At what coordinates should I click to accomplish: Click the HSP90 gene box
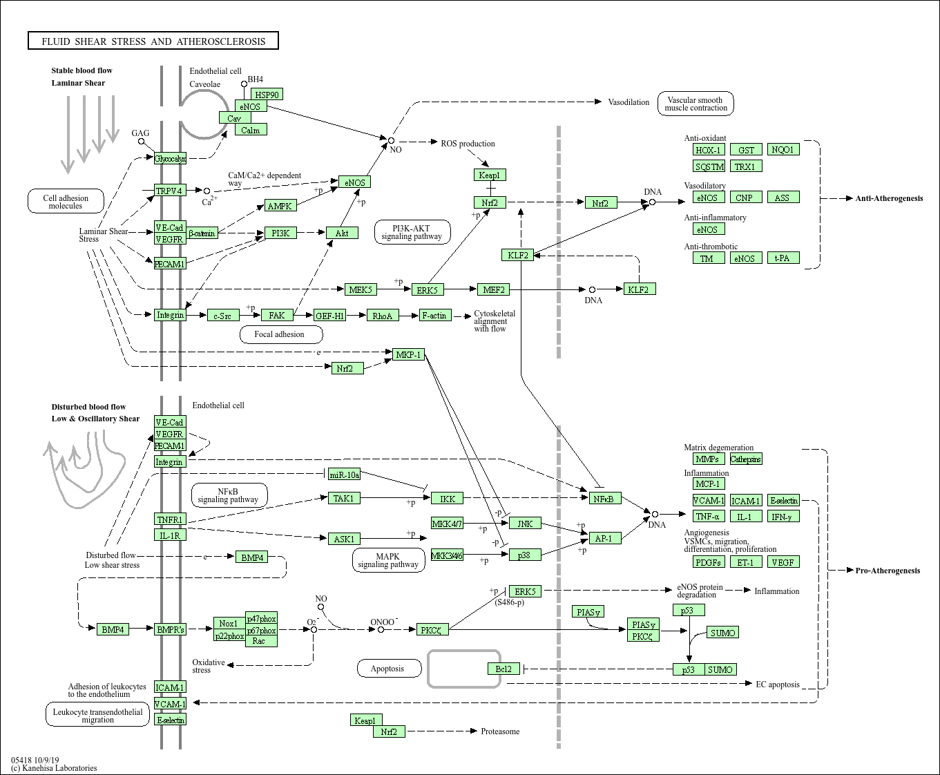[x=267, y=95]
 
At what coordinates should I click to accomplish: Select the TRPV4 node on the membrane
[x=169, y=191]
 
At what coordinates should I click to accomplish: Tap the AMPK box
[x=280, y=206]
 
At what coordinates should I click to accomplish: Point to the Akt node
[x=342, y=233]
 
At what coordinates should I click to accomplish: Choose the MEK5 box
[x=360, y=289]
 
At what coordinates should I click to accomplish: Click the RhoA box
[x=383, y=316]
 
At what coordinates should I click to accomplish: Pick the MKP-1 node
[x=408, y=354]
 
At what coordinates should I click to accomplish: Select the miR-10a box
[x=344, y=475]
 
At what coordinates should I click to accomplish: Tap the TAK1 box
[x=343, y=498]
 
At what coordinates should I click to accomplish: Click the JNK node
[x=525, y=524]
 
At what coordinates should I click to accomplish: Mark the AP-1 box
[x=604, y=538]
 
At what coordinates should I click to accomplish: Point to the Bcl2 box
[x=503, y=669]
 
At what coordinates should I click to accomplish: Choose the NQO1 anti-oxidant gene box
[x=783, y=149]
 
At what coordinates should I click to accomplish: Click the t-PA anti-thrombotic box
[x=782, y=258]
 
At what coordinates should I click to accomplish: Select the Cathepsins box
[x=745, y=459]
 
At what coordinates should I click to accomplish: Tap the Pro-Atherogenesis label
[x=888, y=571]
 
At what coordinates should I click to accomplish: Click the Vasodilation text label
[x=629, y=102]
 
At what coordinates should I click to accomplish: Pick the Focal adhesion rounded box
[x=279, y=334]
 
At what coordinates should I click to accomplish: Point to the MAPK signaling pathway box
[x=387, y=560]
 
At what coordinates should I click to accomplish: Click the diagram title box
[x=153, y=41]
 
